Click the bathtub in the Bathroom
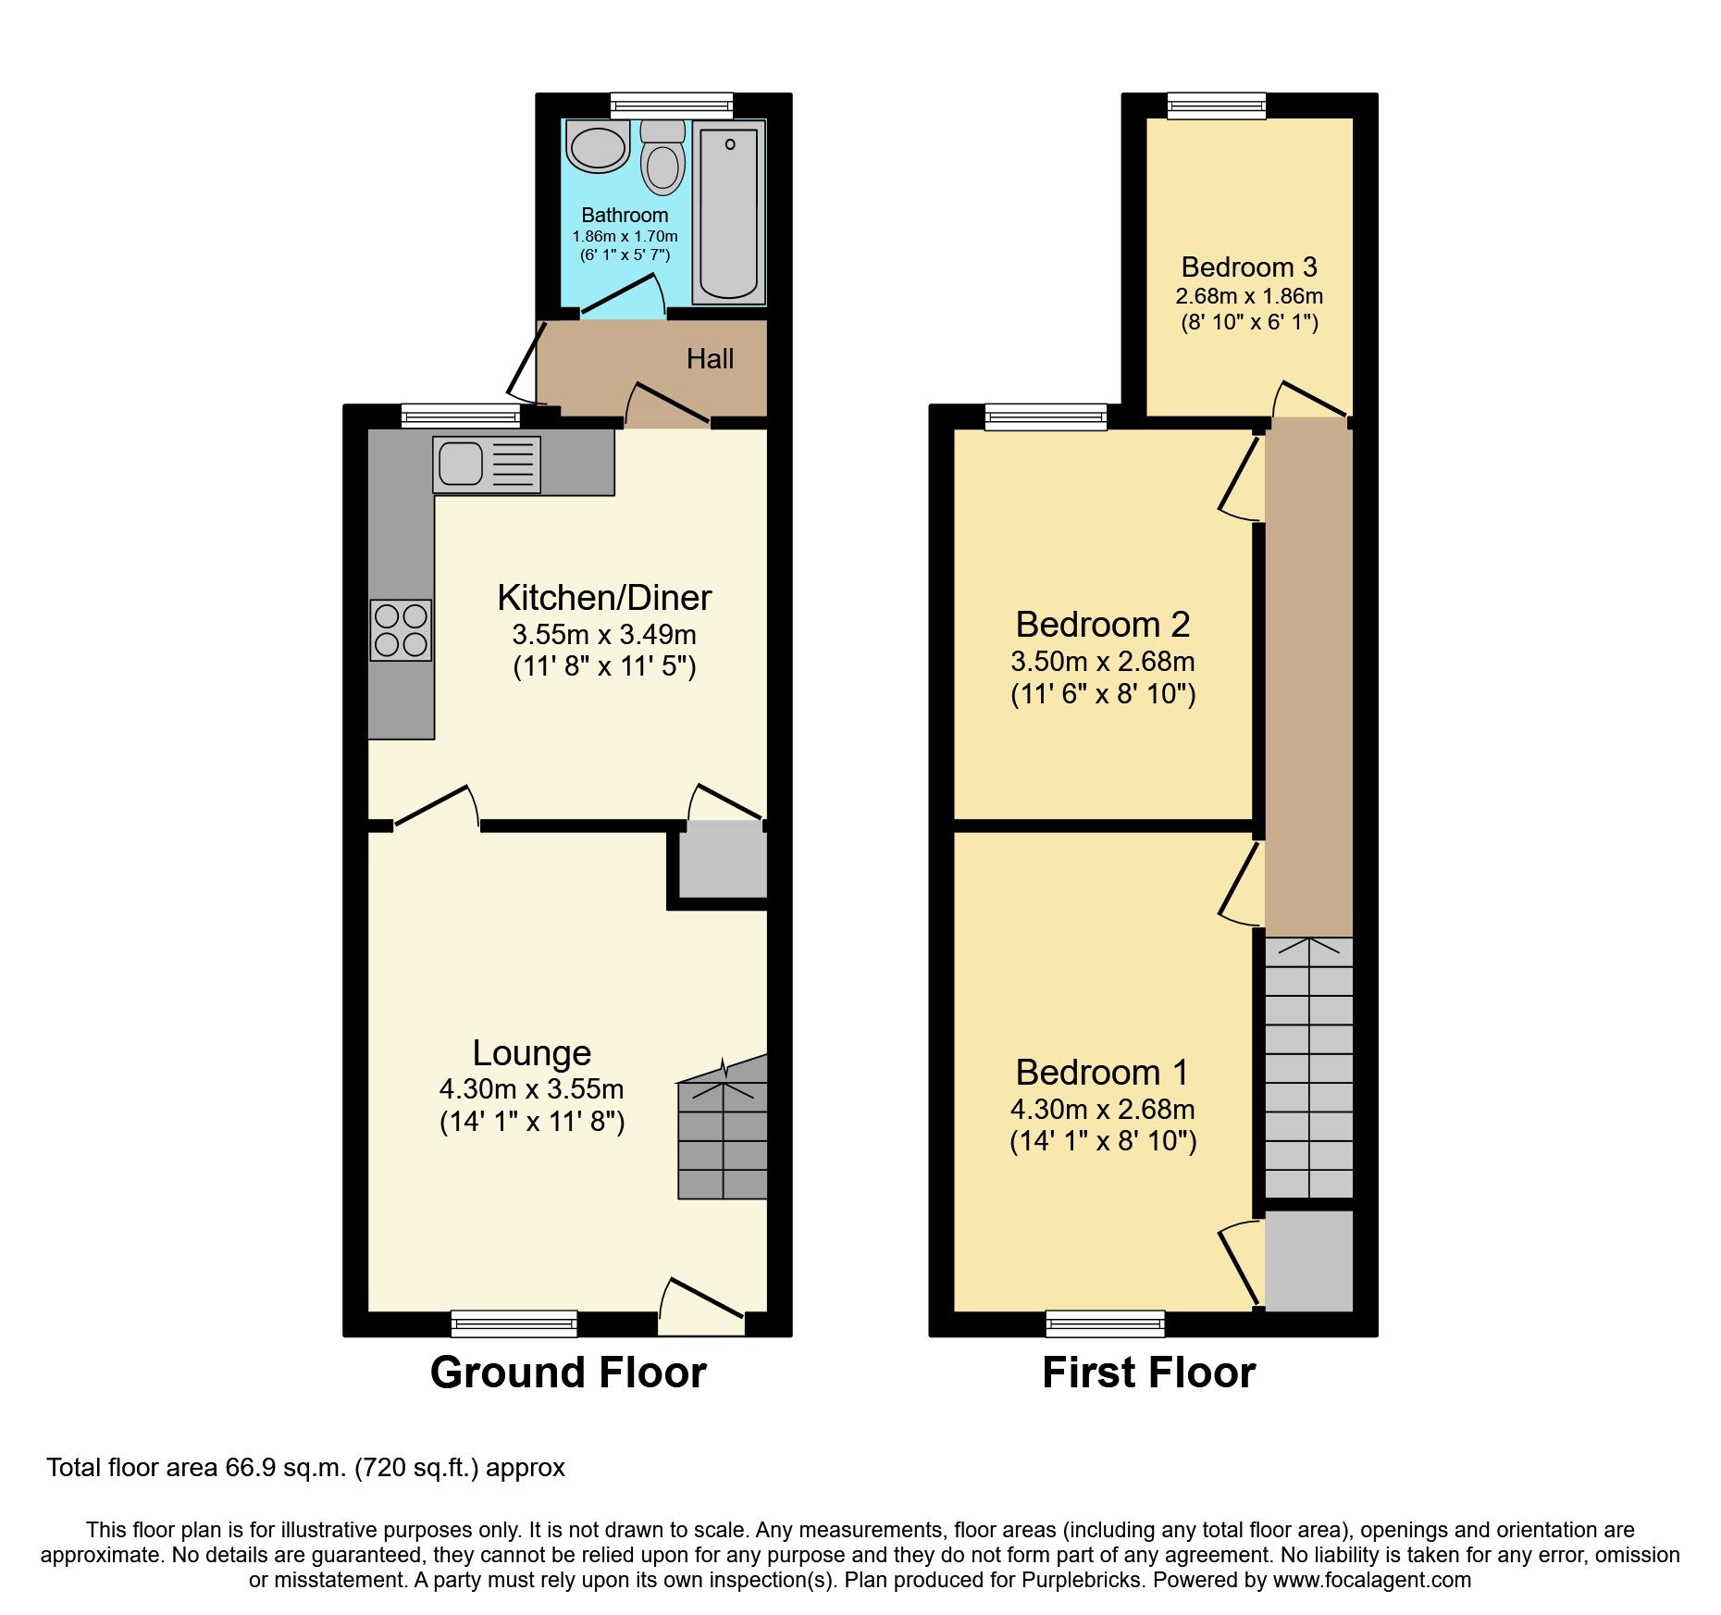[x=729, y=212]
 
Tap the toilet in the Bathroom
[x=662, y=157]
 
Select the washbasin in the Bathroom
[x=598, y=146]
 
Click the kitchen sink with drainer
[x=487, y=464]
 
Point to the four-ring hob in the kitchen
[x=401, y=630]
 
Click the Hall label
[x=710, y=358]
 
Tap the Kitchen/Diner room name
[x=604, y=598]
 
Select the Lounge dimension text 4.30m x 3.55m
[x=532, y=1088]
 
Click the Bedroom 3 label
[x=1249, y=267]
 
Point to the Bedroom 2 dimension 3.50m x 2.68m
[x=1103, y=661]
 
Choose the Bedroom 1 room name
[x=1103, y=1072]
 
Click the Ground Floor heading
[x=568, y=1372]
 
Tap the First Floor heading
[x=1149, y=1372]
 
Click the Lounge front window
[x=514, y=1323]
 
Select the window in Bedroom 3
[x=1217, y=106]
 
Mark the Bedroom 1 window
[x=1106, y=1323]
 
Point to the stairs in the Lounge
[x=723, y=1126]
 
